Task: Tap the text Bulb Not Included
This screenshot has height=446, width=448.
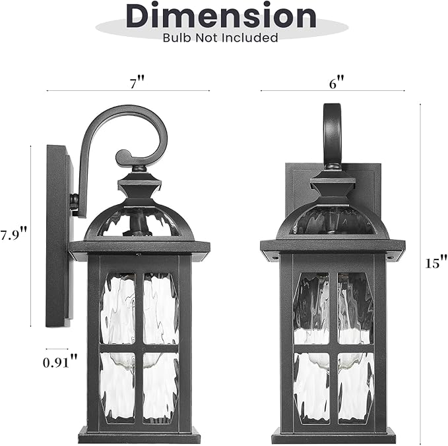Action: point(220,38)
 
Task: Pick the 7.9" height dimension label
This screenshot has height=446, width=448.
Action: point(13,234)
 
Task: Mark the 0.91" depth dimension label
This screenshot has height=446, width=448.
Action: point(60,361)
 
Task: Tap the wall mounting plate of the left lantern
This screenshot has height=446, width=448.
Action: point(58,237)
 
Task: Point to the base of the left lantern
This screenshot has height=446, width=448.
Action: point(139,435)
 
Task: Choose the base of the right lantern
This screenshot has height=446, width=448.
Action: point(333,435)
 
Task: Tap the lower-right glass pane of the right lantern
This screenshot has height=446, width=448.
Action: point(355,386)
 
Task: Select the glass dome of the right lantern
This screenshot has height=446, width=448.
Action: point(333,221)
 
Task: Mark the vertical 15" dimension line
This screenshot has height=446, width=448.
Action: point(421,264)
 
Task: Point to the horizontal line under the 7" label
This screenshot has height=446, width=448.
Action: point(128,91)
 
